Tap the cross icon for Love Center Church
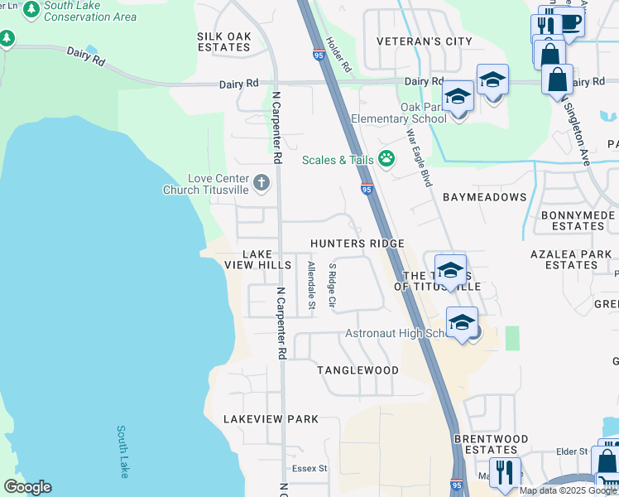[262, 182]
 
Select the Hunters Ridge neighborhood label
[357, 244]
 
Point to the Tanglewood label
[358, 370]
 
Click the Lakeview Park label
[271, 420]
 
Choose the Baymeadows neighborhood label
[484, 197]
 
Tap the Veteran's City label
[424, 41]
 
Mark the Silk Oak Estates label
[223, 42]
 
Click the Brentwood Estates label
[491, 444]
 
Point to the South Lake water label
[122, 451]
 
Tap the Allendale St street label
[311, 285]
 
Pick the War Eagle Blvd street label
[418, 157]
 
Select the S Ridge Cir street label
[332, 287]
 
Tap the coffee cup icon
[570, 22]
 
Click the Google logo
[27, 487]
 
